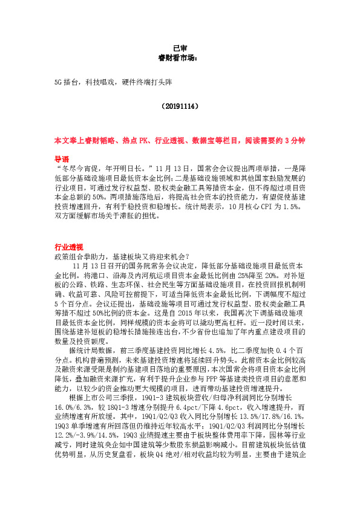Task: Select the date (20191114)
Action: point(180,105)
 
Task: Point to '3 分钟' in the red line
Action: point(298,140)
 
